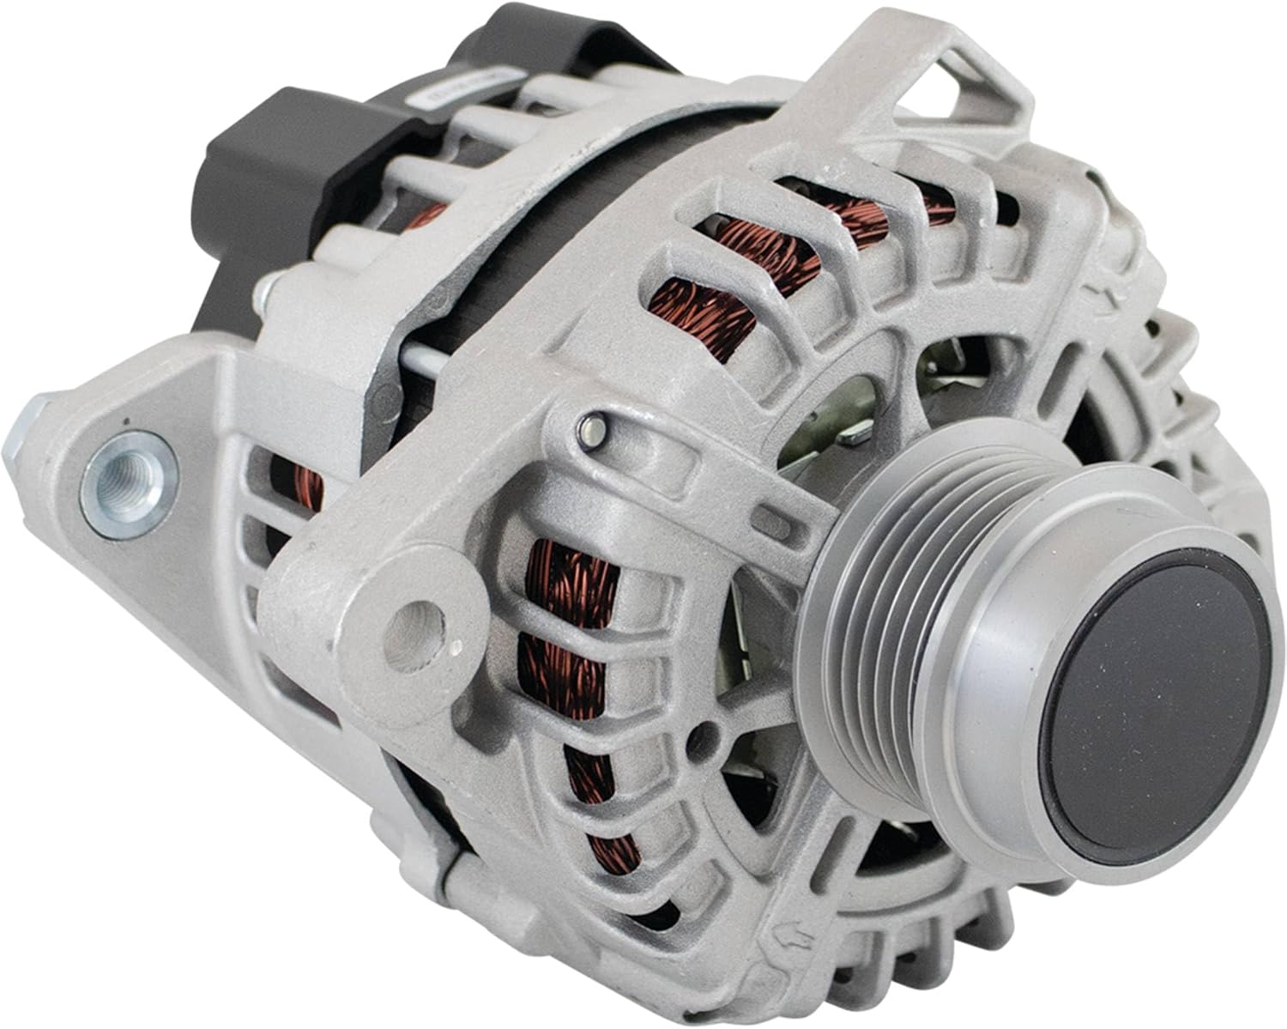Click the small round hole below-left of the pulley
click(x=709, y=734)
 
